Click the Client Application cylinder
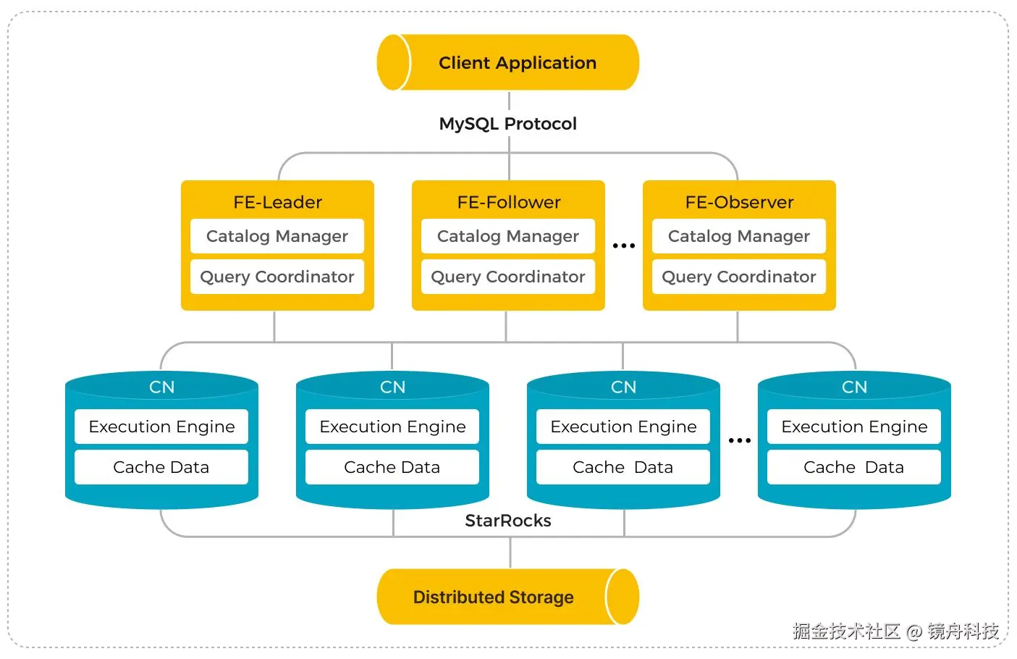coord(508,63)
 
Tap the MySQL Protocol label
coord(507,124)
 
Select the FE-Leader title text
coord(277,202)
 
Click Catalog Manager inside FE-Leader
coord(277,236)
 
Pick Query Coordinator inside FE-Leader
coord(277,277)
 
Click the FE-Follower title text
coord(508,202)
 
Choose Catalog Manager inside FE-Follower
coord(508,236)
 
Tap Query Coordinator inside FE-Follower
coord(508,277)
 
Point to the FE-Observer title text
coord(739,202)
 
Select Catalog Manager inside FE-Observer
coord(739,236)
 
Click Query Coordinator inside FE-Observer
coord(739,277)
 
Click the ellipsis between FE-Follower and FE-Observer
coord(624,245)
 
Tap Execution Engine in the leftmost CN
coord(161,427)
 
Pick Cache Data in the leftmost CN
coord(161,467)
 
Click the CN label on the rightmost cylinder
coord(854,387)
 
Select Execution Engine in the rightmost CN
coord(854,427)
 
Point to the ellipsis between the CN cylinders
coord(740,440)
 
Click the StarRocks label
coord(508,521)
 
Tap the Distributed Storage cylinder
coord(508,597)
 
